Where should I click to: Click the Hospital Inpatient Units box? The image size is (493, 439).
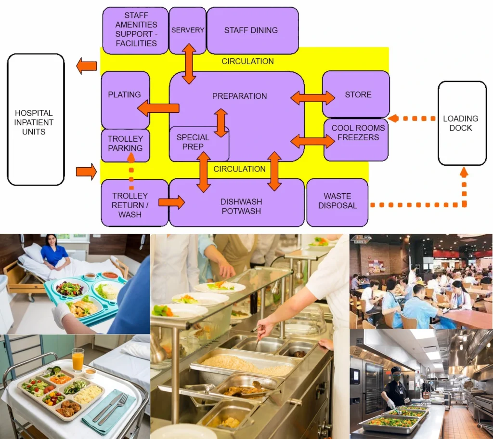point(36,120)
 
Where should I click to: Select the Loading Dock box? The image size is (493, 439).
point(462,123)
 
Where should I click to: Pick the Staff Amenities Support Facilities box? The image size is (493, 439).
point(135,30)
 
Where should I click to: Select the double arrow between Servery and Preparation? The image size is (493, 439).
point(189,64)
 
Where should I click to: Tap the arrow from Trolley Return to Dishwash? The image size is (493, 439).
point(171,202)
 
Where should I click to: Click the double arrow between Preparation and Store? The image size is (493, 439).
point(312,98)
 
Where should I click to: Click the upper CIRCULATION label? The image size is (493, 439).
point(247,62)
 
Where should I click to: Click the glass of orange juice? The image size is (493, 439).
point(78,360)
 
